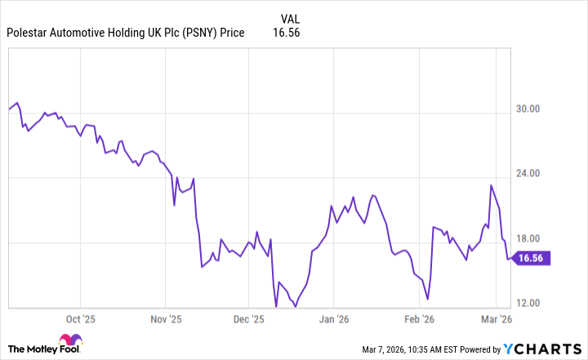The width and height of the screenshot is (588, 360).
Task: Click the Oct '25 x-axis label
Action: point(81,320)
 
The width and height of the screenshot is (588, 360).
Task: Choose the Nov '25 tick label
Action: point(167,320)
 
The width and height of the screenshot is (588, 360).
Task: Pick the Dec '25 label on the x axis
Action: point(250,320)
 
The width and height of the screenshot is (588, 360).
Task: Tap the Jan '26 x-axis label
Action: point(336,320)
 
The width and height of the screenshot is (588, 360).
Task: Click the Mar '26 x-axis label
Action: point(497,320)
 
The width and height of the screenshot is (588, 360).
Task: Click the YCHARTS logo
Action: point(540,349)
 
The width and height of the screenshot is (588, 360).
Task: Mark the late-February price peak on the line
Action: point(491,185)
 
